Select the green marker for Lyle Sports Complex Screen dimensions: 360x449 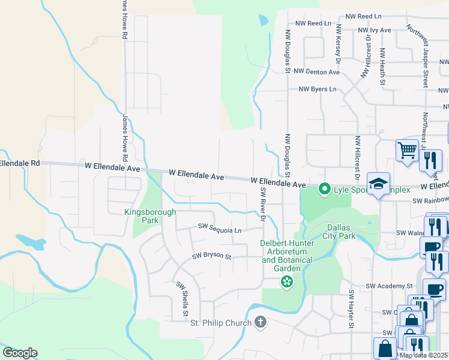(325, 190)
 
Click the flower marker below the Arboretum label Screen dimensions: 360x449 (287, 281)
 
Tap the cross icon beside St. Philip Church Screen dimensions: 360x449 (260, 323)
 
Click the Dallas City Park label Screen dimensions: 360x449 (341, 232)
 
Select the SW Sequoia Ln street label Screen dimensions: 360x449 (220, 229)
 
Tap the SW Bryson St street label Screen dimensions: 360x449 (211, 256)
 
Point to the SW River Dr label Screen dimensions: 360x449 (262, 204)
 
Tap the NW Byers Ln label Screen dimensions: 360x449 (318, 89)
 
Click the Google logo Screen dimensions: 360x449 (20, 353)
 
